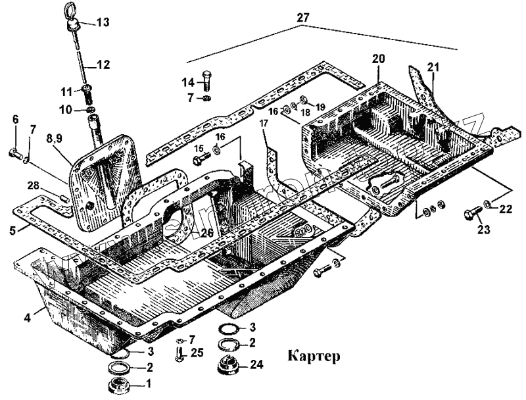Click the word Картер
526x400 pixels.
click(314, 357)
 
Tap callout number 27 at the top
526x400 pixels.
click(302, 18)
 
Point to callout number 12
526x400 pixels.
click(103, 65)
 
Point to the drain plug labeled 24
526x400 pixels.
click(227, 364)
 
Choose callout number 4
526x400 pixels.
click(27, 318)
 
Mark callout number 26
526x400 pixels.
click(207, 232)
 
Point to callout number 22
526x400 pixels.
click(504, 209)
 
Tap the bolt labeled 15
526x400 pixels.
click(200, 159)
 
